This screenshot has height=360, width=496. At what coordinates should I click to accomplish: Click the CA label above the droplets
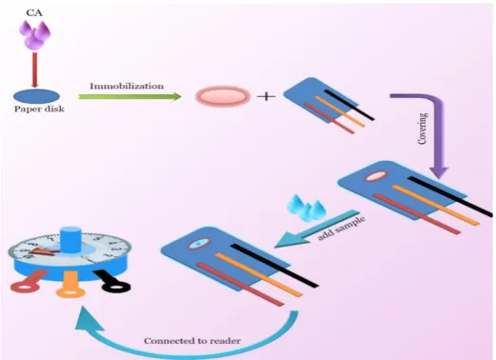pyautogui.click(x=34, y=12)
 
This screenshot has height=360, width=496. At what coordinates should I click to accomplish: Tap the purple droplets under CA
pyautogui.click(x=34, y=34)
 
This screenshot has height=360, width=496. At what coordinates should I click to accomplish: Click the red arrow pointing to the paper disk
pyautogui.click(x=35, y=70)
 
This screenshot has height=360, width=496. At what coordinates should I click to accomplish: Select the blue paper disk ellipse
pyautogui.click(x=36, y=96)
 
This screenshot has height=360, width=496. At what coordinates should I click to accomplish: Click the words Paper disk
pyautogui.click(x=39, y=109)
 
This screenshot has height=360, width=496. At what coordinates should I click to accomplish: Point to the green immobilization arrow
pyautogui.click(x=129, y=96)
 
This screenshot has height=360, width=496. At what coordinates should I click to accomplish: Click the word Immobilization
pyautogui.click(x=127, y=86)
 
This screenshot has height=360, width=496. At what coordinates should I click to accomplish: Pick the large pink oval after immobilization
pyautogui.click(x=223, y=96)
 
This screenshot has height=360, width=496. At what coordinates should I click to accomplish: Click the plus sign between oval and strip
pyautogui.click(x=266, y=96)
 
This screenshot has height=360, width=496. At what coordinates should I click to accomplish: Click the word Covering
pyautogui.click(x=423, y=129)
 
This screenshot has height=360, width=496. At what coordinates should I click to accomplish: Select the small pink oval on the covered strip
pyautogui.click(x=376, y=176)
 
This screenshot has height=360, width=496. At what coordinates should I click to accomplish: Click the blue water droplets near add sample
pyautogui.click(x=307, y=208)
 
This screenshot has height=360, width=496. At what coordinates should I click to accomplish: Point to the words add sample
pyautogui.click(x=342, y=228)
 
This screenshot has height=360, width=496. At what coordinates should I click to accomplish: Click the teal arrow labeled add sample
pyautogui.click(x=317, y=229)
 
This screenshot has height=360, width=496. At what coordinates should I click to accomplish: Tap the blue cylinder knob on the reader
pyautogui.click(x=70, y=240)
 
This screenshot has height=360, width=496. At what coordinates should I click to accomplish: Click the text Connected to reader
pyautogui.click(x=192, y=341)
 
